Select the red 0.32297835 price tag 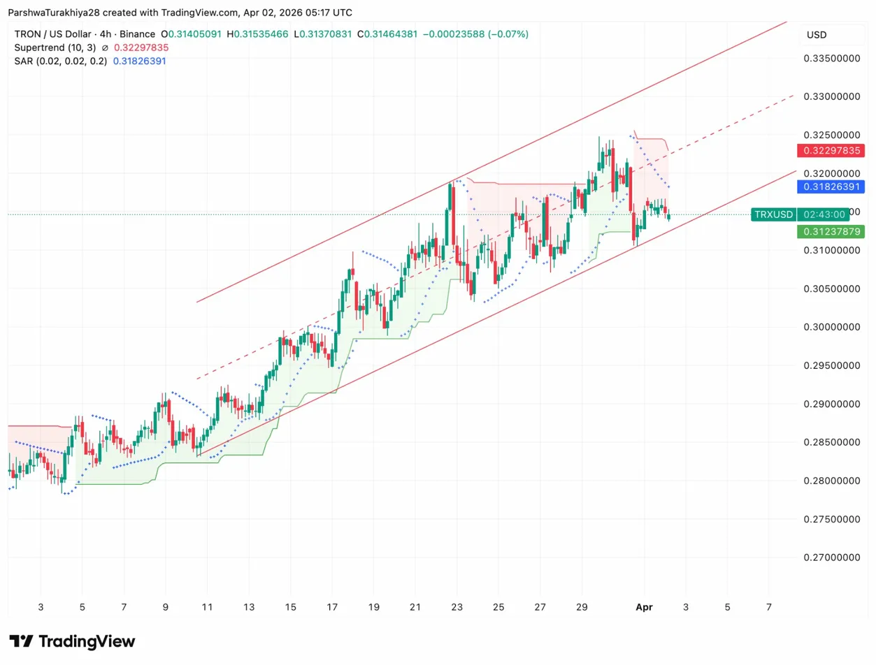coord(831,151)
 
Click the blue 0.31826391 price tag coord(831,187)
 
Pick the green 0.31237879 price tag coord(831,231)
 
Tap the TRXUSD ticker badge coord(773,214)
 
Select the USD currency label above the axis coord(817,34)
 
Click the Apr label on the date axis coord(644,608)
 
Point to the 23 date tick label coord(457,608)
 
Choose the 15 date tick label coord(291,608)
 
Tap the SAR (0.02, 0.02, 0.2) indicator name coord(61,61)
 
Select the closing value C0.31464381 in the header coord(394,34)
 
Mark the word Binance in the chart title coord(135,34)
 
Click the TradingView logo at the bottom coord(72,641)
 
